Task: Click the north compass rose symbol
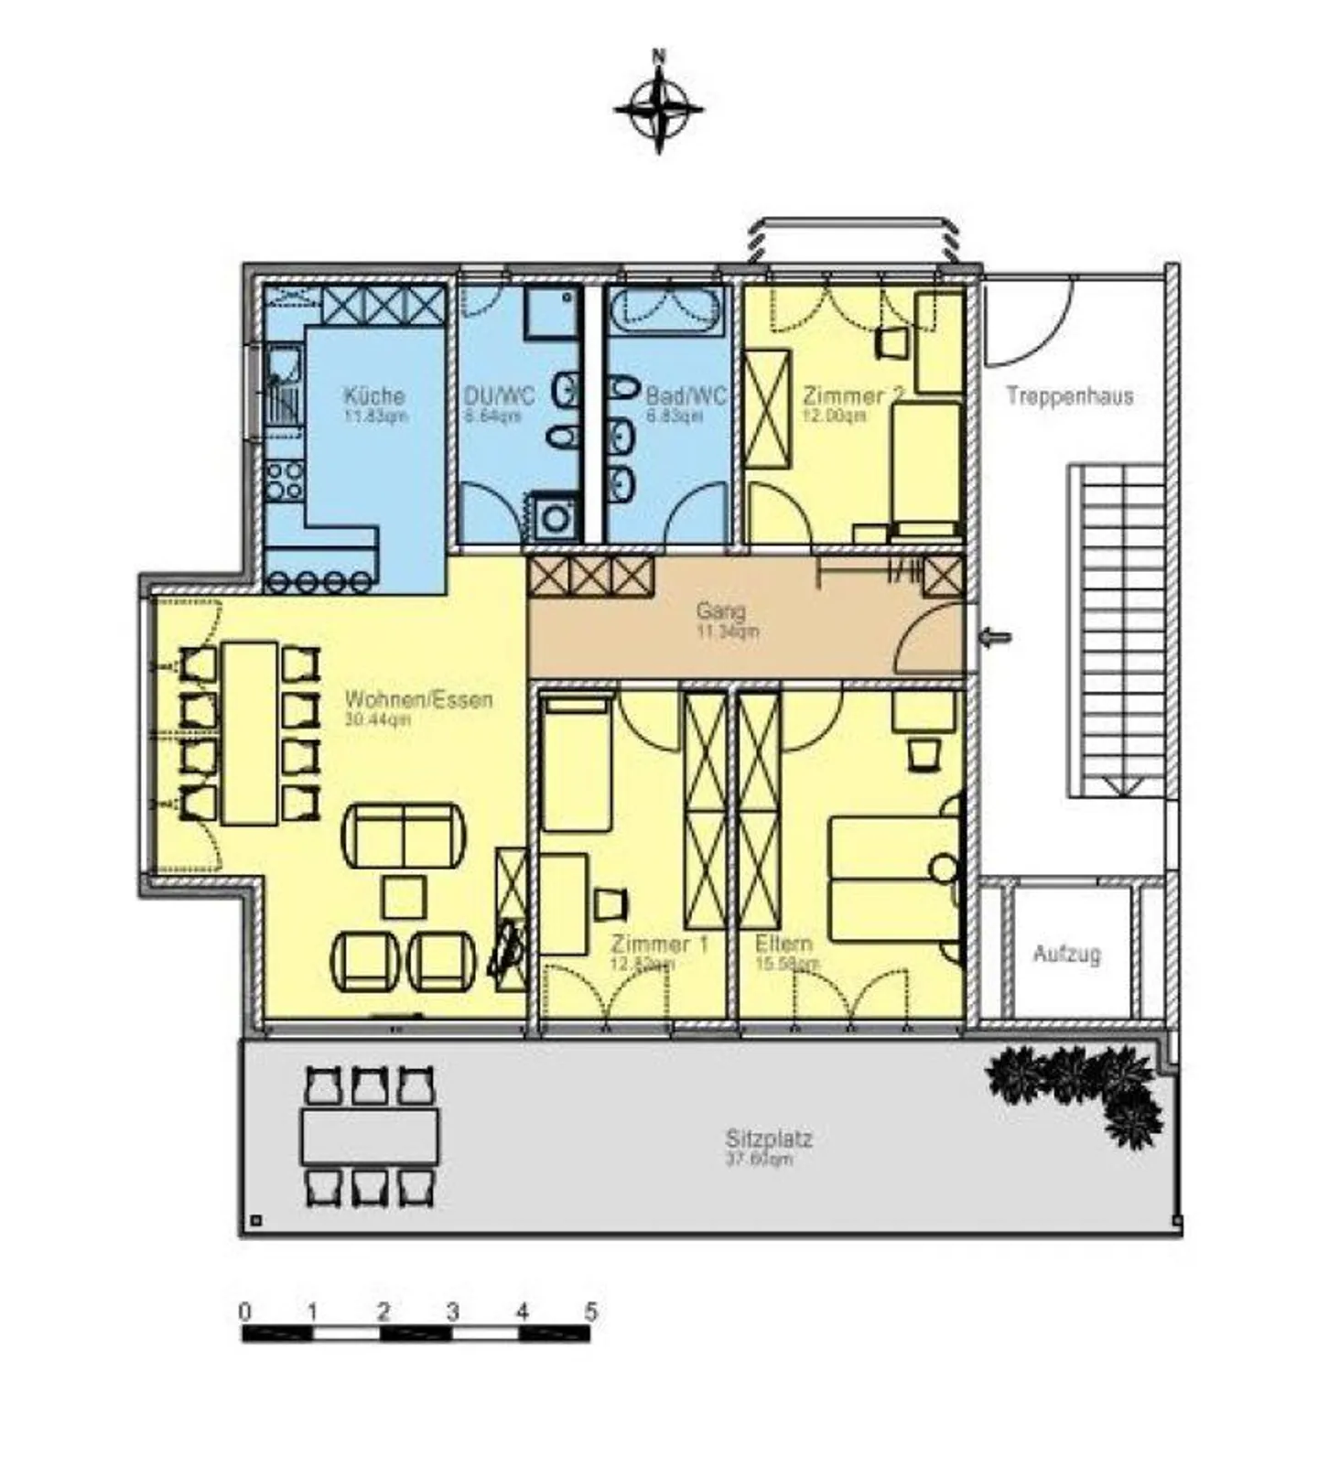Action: coord(658,108)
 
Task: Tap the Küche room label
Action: coord(373,396)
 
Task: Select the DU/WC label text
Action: coord(499,396)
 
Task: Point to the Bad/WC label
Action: coord(686,396)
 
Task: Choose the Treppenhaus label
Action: coord(1069,396)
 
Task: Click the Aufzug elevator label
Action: coord(1066,954)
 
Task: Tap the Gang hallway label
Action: coord(720,610)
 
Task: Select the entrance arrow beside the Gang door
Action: coord(996,637)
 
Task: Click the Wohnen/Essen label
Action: coord(418,699)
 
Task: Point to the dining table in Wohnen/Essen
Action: coord(250,732)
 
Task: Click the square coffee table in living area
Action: coord(404,897)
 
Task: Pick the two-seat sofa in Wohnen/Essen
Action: coord(403,836)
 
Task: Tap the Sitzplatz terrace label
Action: coord(769,1139)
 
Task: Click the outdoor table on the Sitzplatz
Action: coord(370,1137)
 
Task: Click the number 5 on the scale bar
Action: coord(590,1312)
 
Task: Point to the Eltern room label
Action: coord(783,944)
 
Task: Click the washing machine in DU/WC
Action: coord(555,518)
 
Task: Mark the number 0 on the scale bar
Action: coord(244,1312)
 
